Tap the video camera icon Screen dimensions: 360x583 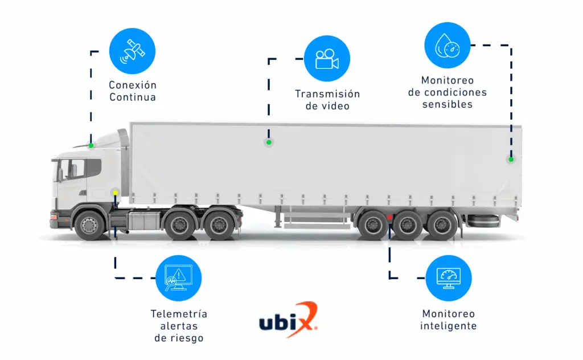(327, 59)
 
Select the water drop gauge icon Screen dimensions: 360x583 (447, 46)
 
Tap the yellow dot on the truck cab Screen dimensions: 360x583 (115, 193)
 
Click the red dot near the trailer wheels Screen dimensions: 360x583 (389, 217)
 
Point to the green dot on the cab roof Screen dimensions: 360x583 (91, 145)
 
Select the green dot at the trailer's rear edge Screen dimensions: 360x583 (511, 159)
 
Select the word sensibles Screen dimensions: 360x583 (447, 104)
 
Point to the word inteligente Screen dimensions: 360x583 (449, 326)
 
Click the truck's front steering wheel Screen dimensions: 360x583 (89, 225)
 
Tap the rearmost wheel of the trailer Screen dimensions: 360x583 (442, 225)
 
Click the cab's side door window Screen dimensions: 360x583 (77, 169)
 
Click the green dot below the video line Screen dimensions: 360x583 (269, 142)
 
